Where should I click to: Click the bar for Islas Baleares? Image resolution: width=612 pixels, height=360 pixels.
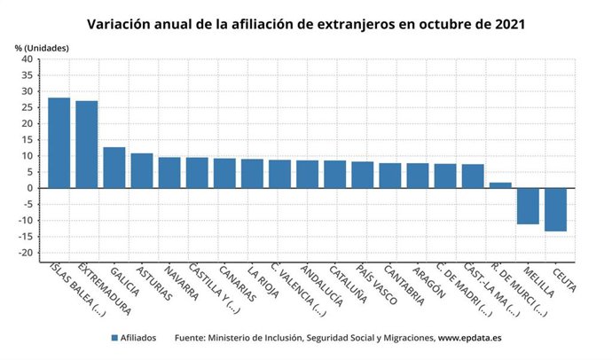coord(59,143)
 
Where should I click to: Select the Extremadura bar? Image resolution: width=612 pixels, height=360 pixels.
coord(87,145)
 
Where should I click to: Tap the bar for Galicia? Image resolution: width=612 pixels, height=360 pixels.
coord(114,168)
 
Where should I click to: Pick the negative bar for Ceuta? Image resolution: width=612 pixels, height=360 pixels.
coord(555,209)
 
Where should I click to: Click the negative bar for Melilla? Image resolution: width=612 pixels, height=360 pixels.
coord(528,206)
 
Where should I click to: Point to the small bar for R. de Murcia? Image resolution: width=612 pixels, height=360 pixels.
coord(500,185)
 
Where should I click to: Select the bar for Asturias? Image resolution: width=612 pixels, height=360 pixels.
coord(142,170)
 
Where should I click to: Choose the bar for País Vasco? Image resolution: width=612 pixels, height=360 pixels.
coord(363,175)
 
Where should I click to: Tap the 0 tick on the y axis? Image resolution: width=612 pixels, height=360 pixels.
coord(29,188)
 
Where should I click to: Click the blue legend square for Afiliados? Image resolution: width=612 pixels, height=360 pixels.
coord(115,338)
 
